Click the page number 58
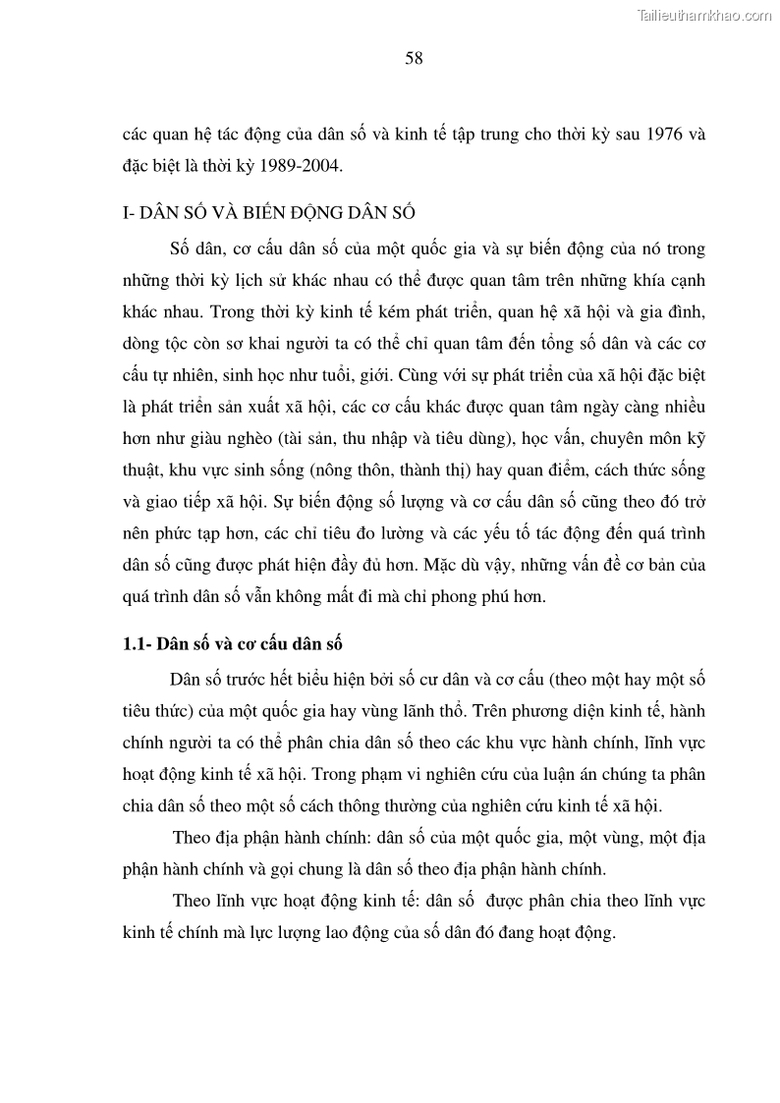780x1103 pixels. (414, 58)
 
